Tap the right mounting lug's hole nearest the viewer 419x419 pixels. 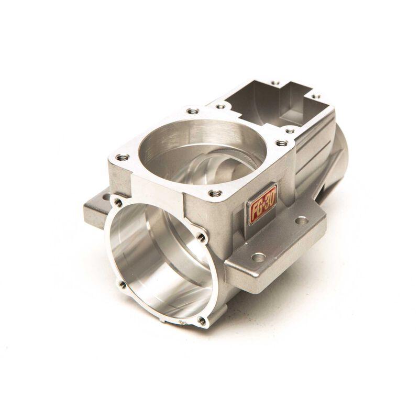point(258,258)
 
